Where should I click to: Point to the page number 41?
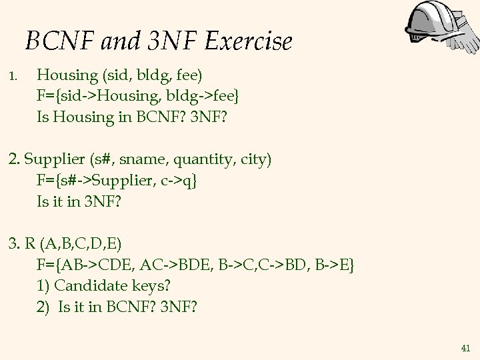[465, 348]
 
